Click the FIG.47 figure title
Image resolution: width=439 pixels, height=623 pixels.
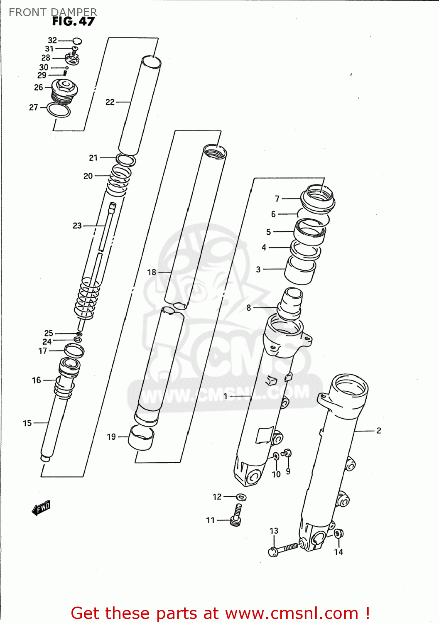click(x=74, y=22)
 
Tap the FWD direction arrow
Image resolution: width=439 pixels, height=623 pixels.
click(x=41, y=508)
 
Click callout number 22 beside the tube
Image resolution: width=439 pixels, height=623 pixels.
click(x=110, y=102)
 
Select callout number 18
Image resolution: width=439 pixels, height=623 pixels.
click(x=152, y=272)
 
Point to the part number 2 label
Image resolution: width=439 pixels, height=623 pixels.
click(x=378, y=430)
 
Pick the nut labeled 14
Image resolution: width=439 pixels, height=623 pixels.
click(x=338, y=533)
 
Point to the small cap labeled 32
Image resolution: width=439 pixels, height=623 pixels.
click(x=77, y=41)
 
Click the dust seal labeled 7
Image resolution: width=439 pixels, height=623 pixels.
click(x=318, y=198)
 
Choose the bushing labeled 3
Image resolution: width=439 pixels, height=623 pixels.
click(x=300, y=270)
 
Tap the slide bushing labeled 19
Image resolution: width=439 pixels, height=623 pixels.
click(x=141, y=438)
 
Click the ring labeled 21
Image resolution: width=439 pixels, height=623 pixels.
click(x=125, y=159)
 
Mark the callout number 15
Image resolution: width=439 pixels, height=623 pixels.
click(x=27, y=423)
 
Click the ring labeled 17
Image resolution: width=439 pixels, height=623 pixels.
click(x=74, y=351)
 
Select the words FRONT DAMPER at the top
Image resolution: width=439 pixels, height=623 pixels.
click(x=53, y=12)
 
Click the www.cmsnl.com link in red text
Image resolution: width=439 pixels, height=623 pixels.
click(x=292, y=613)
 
